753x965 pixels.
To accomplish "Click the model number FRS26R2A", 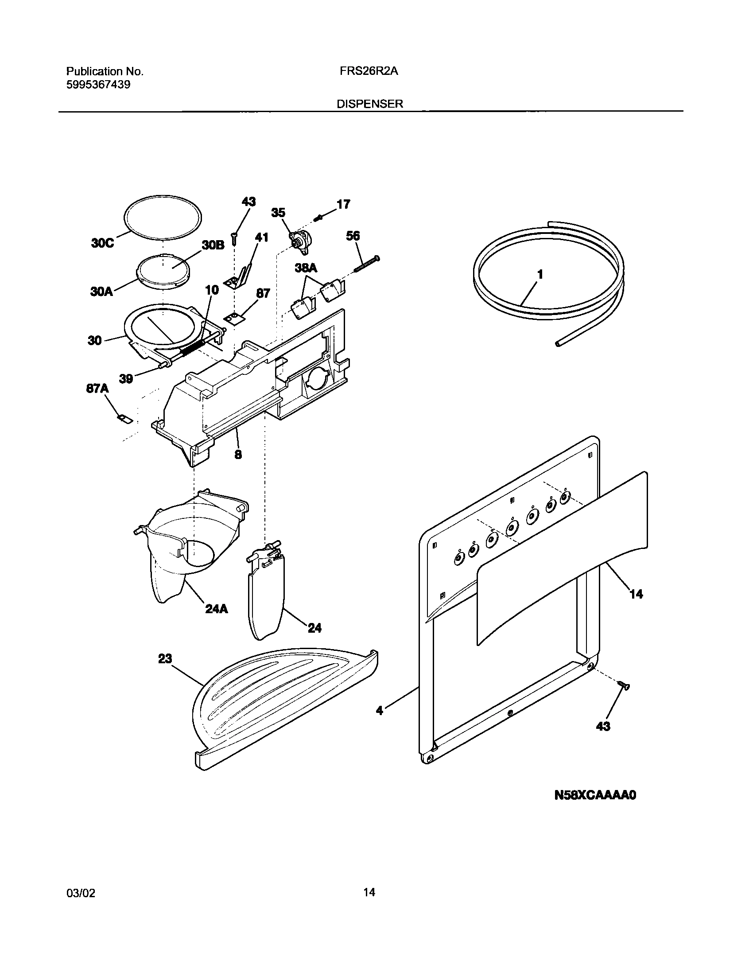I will (369, 71).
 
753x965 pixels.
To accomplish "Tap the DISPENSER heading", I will (370, 104).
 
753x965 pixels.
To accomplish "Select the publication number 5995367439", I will (98, 85).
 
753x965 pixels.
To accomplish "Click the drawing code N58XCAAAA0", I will (595, 795).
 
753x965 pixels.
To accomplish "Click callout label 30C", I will (102, 243).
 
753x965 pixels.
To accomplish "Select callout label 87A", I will (97, 389).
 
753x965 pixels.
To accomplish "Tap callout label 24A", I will (217, 609).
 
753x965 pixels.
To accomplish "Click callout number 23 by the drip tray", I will (165, 659).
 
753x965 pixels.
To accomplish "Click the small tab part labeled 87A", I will (125, 419).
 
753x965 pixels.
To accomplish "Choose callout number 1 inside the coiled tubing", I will (540, 274).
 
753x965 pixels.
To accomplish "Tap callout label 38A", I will (306, 268).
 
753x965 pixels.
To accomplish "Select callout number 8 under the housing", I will (238, 455).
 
